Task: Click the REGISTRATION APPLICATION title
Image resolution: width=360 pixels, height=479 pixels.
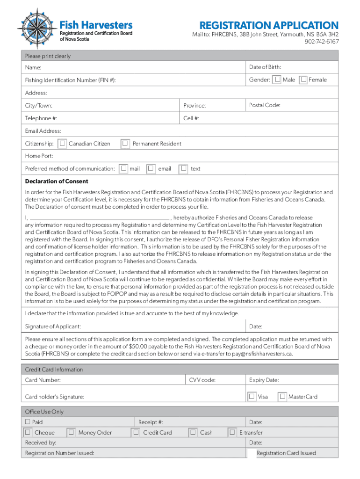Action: (268, 25)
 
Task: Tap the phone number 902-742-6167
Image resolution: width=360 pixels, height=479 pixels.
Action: (322, 42)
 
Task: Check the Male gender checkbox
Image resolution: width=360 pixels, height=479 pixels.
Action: (278, 80)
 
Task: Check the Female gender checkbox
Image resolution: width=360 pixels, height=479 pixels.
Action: (304, 80)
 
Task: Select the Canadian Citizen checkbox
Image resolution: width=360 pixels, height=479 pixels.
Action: (63, 144)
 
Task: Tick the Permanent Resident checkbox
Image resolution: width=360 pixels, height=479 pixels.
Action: (125, 144)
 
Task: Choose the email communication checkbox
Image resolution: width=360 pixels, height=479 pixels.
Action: (151, 168)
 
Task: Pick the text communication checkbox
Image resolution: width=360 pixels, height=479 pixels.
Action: (184, 168)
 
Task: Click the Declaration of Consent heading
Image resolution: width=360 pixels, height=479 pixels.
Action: (57, 181)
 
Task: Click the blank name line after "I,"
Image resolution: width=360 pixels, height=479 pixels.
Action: (99, 218)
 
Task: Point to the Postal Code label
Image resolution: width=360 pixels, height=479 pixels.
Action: (265, 105)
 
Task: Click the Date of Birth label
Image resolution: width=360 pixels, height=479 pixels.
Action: (265, 67)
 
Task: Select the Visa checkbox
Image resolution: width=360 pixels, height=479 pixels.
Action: (252, 397)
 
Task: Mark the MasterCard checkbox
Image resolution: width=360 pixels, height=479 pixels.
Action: (282, 397)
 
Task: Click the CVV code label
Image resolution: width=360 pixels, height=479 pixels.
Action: (202, 380)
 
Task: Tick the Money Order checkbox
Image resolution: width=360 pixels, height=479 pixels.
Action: (72, 433)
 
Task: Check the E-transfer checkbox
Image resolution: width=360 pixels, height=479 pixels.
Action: (232, 433)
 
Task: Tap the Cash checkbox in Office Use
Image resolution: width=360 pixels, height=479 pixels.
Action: (193, 433)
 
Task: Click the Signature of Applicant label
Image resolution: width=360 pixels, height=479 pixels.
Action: (53, 326)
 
